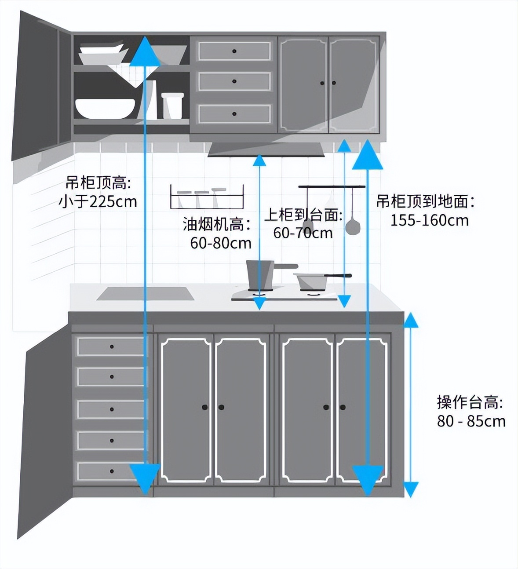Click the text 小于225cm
click(x=98, y=202)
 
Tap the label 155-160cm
click(x=430, y=220)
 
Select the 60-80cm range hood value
click(x=221, y=243)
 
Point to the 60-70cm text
click(x=303, y=233)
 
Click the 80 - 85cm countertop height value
click(x=471, y=421)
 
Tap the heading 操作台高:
click(x=470, y=402)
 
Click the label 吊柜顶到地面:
click(x=425, y=202)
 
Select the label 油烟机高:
click(x=217, y=224)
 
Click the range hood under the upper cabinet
click(x=266, y=150)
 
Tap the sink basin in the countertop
click(x=145, y=294)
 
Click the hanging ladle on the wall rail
click(x=353, y=215)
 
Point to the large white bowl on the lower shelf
click(x=105, y=108)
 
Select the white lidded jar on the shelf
click(x=172, y=106)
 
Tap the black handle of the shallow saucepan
click(x=338, y=275)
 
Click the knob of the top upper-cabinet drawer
click(x=234, y=51)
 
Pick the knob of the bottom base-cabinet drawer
click(x=112, y=471)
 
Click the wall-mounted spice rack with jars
click(x=207, y=197)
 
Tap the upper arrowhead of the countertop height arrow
click(x=411, y=320)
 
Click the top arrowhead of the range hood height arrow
click(x=259, y=160)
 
